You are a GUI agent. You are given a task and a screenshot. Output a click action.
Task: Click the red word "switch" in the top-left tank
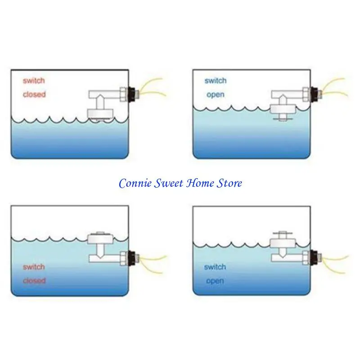[34, 81]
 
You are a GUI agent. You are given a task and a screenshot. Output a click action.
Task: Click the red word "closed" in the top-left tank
[34, 94]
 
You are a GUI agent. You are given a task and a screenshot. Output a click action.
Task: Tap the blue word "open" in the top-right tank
[216, 95]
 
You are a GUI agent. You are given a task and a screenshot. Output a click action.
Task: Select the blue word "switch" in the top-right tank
[216, 81]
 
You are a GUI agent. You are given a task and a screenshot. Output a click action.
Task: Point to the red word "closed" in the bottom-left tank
[34, 280]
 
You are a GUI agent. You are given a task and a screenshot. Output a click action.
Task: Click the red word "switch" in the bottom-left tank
[34, 267]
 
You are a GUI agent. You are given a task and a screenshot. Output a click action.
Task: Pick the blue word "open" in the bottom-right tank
[215, 281]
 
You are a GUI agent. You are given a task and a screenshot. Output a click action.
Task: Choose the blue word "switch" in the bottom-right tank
[215, 267]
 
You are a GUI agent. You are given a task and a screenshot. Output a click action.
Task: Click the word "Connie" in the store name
[135, 183]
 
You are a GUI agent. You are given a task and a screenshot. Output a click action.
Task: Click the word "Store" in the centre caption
[229, 183]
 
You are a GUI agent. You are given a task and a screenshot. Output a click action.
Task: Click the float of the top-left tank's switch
[100, 113]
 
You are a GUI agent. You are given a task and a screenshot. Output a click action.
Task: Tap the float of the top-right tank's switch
[283, 109]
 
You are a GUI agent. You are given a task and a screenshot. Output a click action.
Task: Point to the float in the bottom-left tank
[100, 239]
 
